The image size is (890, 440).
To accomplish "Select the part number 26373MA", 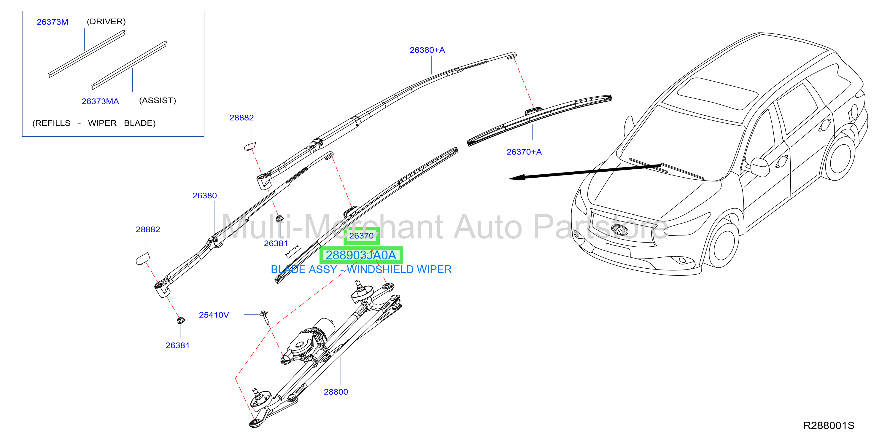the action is click(100, 101).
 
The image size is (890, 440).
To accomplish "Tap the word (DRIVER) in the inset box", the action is click(106, 21).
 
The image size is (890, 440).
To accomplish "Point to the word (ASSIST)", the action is click(158, 101).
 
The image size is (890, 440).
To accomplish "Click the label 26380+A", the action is click(427, 50).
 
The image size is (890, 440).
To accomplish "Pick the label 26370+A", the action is click(524, 152).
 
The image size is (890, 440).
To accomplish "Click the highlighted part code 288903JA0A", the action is click(361, 255).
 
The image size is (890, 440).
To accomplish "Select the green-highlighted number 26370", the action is click(361, 236).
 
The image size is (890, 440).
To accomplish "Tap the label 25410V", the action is click(214, 315).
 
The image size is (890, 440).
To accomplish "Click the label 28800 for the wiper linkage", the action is click(336, 392).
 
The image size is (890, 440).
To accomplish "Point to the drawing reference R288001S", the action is click(829, 425).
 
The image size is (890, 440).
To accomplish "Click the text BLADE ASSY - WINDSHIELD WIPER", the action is click(361, 270).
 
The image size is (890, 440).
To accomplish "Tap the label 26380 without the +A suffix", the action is click(204, 196).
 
